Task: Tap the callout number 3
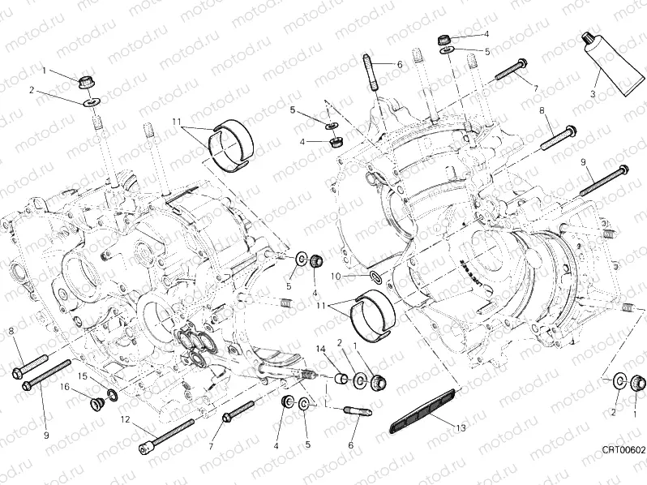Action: pos(593,94)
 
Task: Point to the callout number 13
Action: pos(461,427)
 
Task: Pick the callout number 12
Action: pos(125,419)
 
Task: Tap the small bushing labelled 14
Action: pos(341,379)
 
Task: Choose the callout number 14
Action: pos(320,349)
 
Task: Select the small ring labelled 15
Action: pos(111,395)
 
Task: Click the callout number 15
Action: pos(82,376)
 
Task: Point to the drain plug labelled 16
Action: pos(92,400)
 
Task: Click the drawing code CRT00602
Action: pos(622,449)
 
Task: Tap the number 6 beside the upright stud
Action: pos(400,64)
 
